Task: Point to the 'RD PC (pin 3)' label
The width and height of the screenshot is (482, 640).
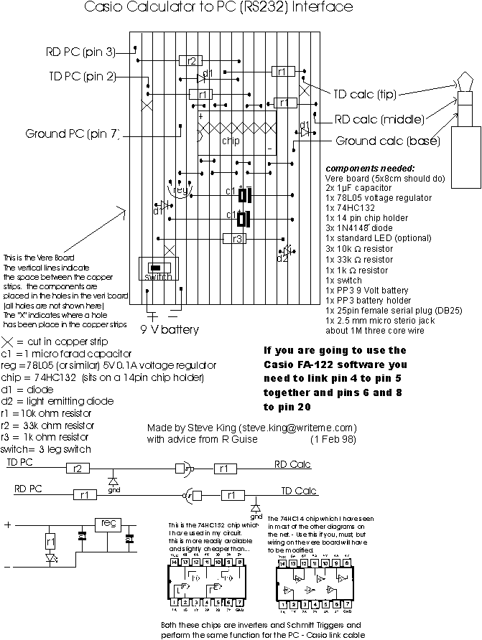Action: pos(79,51)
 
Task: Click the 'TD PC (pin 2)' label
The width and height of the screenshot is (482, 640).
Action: pos(81,77)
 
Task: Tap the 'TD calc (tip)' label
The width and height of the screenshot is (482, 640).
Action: pos(374,93)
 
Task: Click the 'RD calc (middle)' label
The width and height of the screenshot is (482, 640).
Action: pos(382,118)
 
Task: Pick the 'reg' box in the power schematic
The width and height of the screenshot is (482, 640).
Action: pos(108,523)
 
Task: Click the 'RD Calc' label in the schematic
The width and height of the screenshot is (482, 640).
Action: pos(292,464)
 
